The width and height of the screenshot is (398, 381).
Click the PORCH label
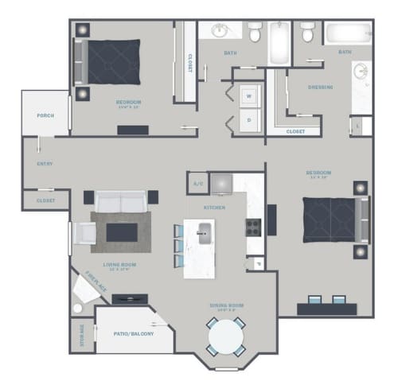pos(45,115)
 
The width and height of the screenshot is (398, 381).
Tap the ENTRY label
pos(45,164)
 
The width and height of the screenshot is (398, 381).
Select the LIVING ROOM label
pos(119,265)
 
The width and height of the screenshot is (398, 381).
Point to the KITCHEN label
pos(214,208)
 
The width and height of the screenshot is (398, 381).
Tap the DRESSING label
pos(320,87)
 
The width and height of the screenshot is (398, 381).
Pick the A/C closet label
pos(197,184)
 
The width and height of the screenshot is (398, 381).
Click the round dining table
pos(226,337)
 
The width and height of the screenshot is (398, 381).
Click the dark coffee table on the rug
pos(122,231)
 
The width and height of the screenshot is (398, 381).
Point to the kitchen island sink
pos(203,232)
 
